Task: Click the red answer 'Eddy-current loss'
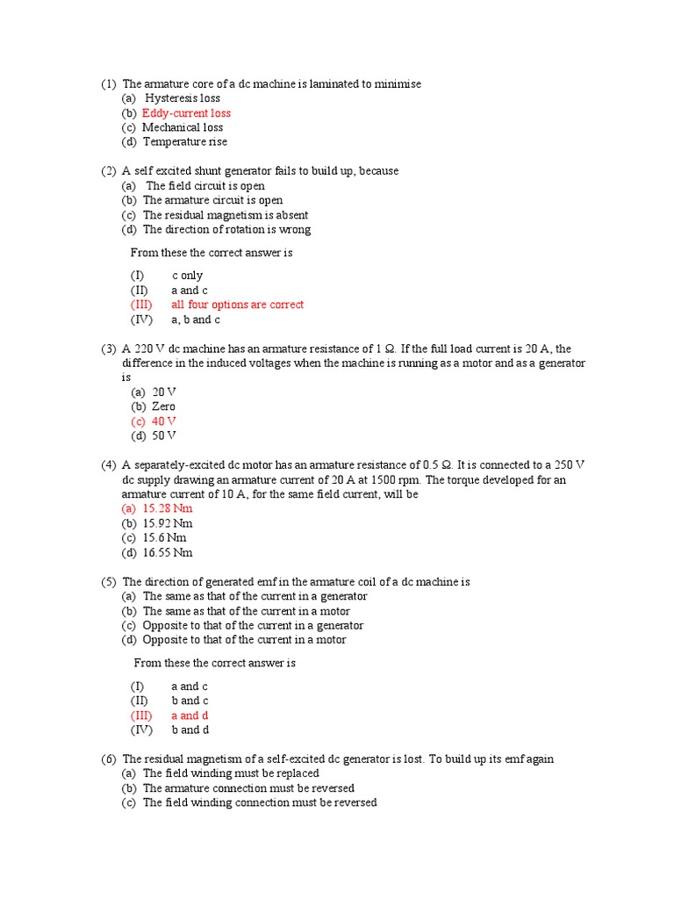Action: click(x=186, y=113)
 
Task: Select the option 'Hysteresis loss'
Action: click(x=182, y=98)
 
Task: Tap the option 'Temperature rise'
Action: click(x=185, y=142)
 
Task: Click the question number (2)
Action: click(x=108, y=171)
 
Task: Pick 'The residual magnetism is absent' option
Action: click(x=225, y=215)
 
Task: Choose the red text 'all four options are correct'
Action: click(x=237, y=305)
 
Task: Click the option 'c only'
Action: click(x=187, y=276)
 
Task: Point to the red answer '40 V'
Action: click(x=164, y=421)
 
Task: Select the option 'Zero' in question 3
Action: click(x=163, y=406)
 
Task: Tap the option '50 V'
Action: click(x=164, y=435)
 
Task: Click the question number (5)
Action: click(x=108, y=582)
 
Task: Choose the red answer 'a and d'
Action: click(x=190, y=716)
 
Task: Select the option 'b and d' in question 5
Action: click(x=190, y=730)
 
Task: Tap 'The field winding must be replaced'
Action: click(x=231, y=773)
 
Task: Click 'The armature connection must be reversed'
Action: click(x=248, y=788)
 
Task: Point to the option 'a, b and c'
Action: click(x=196, y=320)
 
